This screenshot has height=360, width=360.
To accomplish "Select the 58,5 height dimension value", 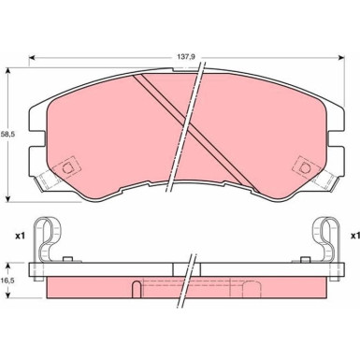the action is pyautogui.click(x=7, y=135).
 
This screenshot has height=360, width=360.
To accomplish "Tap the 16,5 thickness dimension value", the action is pyautogui.click(x=7, y=281).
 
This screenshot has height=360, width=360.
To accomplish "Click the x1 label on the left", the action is pyautogui.click(x=20, y=237).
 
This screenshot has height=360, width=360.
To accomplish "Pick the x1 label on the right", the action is pyautogui.click(x=355, y=236).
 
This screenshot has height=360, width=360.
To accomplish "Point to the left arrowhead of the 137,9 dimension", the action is pyautogui.click(x=32, y=57).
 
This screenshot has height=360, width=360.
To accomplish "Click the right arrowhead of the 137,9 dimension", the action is pyautogui.click(x=341, y=57).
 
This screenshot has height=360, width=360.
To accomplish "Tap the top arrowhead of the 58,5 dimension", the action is pyautogui.click(x=8, y=71).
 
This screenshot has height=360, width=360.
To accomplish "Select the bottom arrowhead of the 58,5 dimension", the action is pyautogui.click(x=8, y=199).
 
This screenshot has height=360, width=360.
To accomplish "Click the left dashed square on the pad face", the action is pyautogui.click(x=66, y=168).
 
